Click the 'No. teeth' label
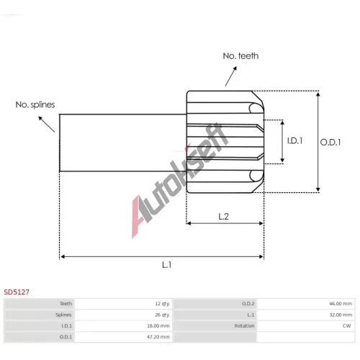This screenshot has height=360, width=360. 240,56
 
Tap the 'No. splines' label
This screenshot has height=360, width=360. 35,104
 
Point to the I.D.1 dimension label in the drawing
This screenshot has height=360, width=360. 294,140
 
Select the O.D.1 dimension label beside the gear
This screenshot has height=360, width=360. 330,143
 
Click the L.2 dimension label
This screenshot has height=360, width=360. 223,217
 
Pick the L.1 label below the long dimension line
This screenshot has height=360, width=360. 167,265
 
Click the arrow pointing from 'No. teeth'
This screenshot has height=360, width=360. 231,76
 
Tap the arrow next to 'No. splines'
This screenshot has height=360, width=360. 47,125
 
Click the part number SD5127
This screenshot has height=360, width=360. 17,292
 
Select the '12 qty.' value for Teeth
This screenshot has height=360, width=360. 163,304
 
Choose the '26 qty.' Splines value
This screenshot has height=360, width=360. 163,315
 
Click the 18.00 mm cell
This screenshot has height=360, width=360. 158,325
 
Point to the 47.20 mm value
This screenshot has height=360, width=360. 158,337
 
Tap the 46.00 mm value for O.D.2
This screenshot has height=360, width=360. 341,304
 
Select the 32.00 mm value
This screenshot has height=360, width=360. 341,315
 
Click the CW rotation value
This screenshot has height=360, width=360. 347,325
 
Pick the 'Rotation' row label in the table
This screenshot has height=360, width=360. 244,325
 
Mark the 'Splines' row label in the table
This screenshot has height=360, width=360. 63,315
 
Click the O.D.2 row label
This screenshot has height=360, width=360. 248,304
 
